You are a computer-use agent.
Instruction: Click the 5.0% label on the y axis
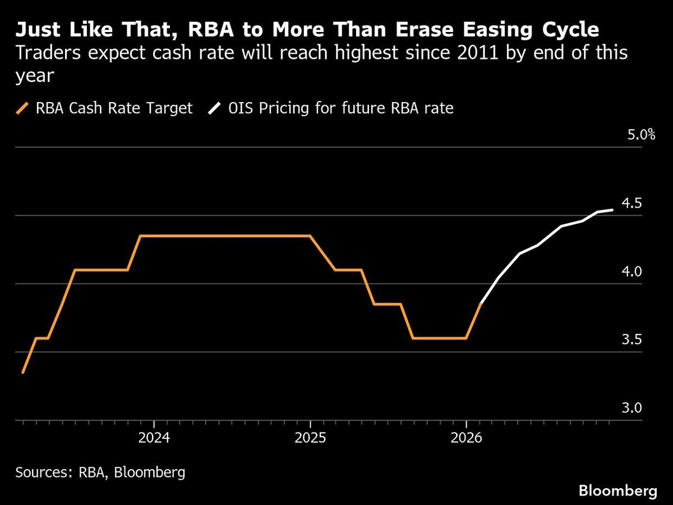coord(640,135)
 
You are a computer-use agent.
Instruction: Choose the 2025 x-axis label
coord(310,438)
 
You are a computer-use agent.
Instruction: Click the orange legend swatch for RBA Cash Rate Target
coord(22,108)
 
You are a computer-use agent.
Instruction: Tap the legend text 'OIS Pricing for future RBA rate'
coord(340,108)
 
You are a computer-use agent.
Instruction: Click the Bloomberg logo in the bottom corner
coord(618,491)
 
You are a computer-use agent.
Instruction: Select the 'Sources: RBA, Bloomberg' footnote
coord(100,472)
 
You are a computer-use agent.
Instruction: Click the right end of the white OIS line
coord(612,210)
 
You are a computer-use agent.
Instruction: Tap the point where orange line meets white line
coord(481,304)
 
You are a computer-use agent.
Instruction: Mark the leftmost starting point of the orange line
coord(22,372)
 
